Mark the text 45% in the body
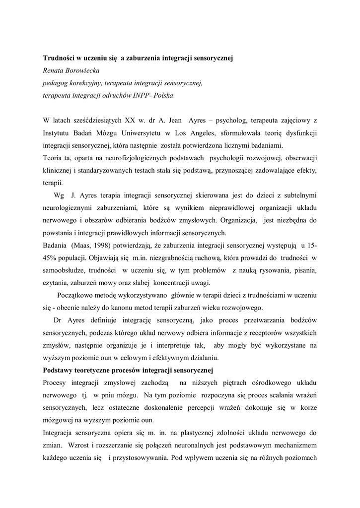click(51, 258)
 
